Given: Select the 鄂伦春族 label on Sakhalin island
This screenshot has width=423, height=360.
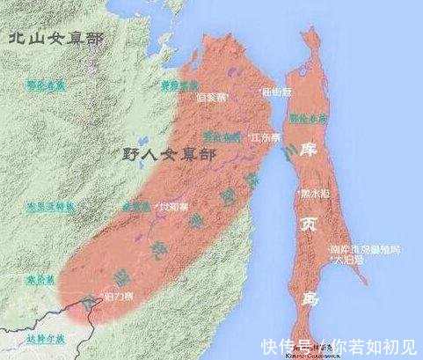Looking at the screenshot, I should point(311,117).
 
